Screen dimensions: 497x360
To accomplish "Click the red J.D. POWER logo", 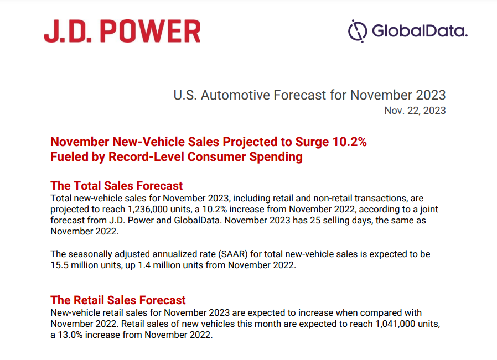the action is [x=122, y=31].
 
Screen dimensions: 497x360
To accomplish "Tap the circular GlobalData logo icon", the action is [x=358, y=31].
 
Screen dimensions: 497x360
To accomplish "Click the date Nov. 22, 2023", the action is [x=415, y=111].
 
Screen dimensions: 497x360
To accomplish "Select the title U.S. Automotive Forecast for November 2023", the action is [x=309, y=95].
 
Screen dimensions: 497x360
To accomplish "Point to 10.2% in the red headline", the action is [x=349, y=142].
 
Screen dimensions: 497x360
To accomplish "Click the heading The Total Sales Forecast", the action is [x=117, y=186].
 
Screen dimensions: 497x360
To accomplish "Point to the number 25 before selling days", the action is [x=315, y=221].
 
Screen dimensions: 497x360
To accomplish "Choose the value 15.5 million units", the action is [x=86, y=265].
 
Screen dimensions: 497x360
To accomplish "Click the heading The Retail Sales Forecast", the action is [x=118, y=300].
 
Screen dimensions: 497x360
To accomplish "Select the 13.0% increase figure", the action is [x=70, y=335].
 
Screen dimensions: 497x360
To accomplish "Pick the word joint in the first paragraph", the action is [x=429, y=210].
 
